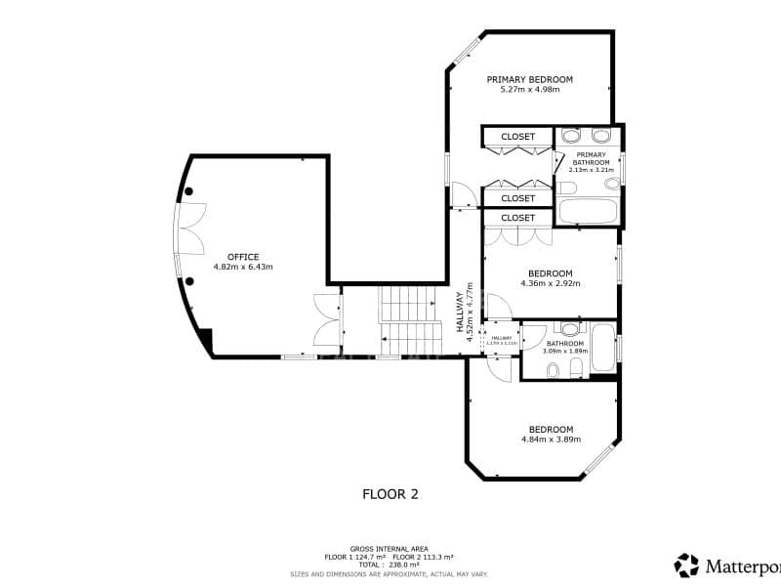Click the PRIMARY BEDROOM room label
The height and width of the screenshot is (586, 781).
click(x=529, y=79)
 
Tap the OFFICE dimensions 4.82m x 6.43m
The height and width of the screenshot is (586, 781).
click(x=243, y=267)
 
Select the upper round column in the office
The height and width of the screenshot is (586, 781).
click(x=189, y=190)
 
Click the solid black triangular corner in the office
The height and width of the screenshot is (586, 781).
click(x=205, y=341)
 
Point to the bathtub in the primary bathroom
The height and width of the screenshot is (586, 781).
click(x=588, y=211)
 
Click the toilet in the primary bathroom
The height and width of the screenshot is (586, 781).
click(x=567, y=187)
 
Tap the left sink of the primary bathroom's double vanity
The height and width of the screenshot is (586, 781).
click(x=572, y=135)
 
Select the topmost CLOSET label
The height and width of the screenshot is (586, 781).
click(x=517, y=137)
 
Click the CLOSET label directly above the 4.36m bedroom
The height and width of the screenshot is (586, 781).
click(x=517, y=218)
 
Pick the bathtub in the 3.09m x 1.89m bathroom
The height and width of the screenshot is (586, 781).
click(x=602, y=349)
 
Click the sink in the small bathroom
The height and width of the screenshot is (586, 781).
click(x=567, y=329)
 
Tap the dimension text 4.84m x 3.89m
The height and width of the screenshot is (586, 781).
click(x=551, y=439)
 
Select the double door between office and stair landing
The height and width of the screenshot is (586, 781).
click(x=326, y=319)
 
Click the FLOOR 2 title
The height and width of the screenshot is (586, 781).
click(x=390, y=494)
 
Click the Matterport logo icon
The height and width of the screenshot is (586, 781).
click(x=687, y=565)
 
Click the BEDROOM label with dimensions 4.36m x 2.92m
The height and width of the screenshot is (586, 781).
click(x=551, y=273)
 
